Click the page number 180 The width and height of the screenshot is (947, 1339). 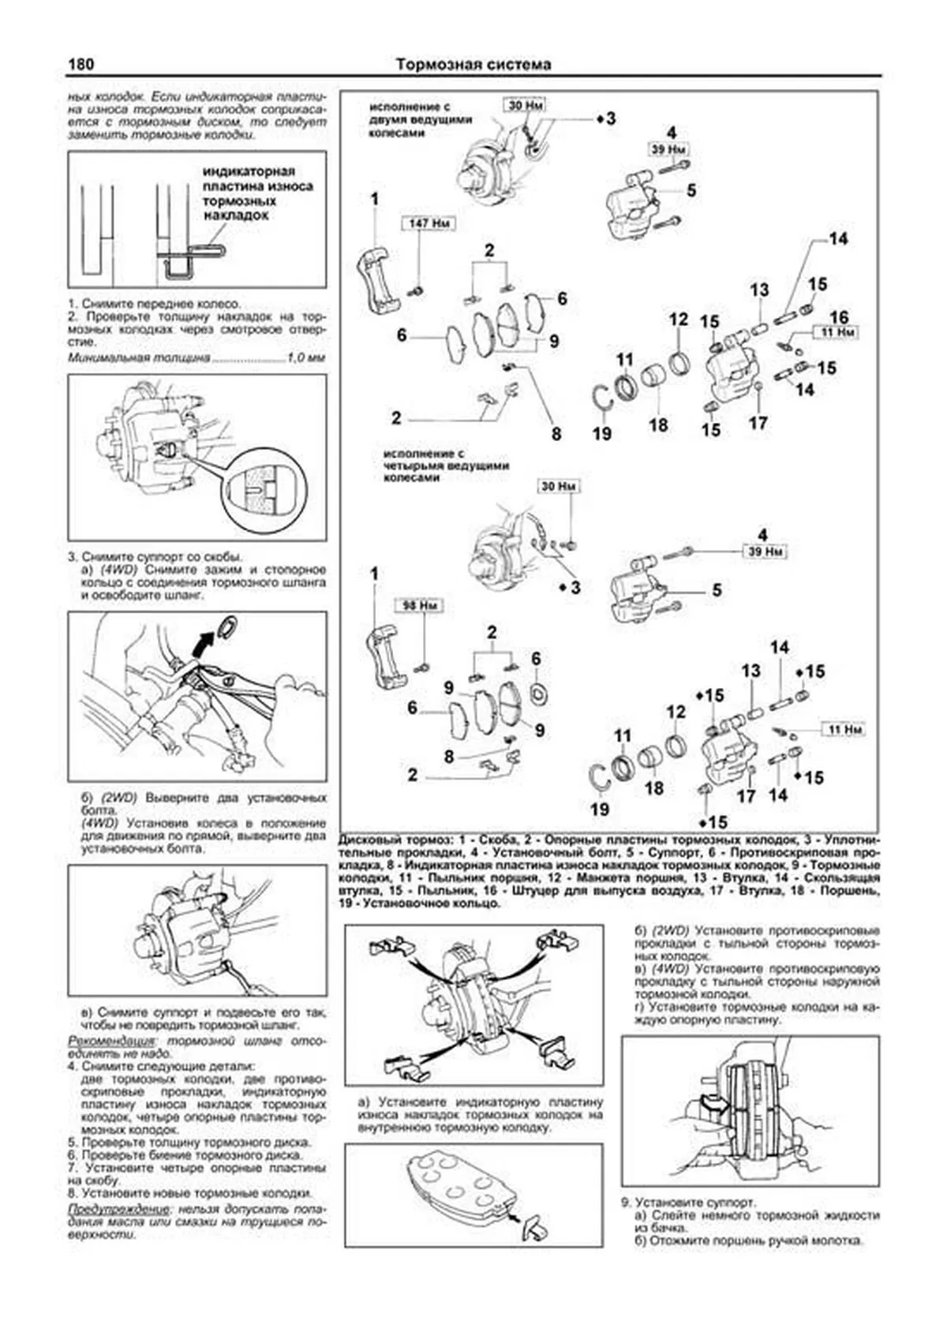coord(82,64)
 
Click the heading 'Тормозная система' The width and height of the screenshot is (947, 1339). coord(473,64)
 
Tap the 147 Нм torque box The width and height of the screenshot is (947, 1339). coord(429,223)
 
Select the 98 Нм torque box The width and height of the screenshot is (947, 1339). coord(420,606)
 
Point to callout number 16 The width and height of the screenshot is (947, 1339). coord(838,316)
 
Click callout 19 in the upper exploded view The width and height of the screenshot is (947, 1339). coord(601,433)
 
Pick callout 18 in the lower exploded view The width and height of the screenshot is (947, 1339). coord(653,787)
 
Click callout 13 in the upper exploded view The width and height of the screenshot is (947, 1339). coord(759,290)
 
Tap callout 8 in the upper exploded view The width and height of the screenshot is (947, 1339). coord(556,433)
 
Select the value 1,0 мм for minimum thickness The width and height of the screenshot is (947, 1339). coord(305,358)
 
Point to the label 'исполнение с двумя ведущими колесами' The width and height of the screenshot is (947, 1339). coord(421,119)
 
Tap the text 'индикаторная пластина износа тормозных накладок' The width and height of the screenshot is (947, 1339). coord(257,193)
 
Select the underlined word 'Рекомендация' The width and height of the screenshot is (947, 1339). coord(110,1042)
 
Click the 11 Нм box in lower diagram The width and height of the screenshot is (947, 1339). coord(843,730)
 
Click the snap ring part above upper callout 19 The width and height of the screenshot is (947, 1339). coord(603,395)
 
